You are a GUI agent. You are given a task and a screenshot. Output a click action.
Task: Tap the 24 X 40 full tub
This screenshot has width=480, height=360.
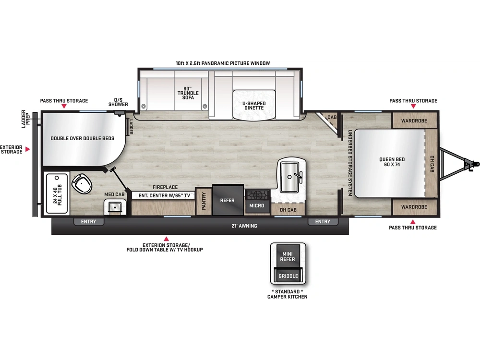(x=57, y=193)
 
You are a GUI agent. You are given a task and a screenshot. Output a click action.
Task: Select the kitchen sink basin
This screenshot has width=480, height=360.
(x=289, y=177)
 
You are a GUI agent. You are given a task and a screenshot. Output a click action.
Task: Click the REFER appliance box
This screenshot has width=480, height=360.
(x=228, y=200)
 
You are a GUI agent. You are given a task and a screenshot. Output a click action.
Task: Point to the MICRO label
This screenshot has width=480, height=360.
(x=256, y=206)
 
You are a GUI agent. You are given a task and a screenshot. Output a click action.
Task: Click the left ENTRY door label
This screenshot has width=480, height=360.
(x=88, y=222)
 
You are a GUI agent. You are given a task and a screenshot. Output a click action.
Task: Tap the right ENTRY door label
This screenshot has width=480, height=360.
(x=323, y=222)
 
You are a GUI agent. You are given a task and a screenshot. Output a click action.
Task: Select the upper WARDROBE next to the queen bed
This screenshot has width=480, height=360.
(x=414, y=120)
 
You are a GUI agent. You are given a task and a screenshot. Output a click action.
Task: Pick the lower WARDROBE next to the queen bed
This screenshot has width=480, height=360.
(x=414, y=207)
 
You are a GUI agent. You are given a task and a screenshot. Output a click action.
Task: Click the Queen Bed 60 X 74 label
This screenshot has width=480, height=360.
(x=392, y=162)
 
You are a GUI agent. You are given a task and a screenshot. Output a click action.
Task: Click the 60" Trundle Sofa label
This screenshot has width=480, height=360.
(x=188, y=93)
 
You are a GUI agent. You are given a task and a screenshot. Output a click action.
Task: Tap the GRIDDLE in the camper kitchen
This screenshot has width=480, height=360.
(x=288, y=276)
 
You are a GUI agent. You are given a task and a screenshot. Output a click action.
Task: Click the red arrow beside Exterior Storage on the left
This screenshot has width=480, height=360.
(x=27, y=149)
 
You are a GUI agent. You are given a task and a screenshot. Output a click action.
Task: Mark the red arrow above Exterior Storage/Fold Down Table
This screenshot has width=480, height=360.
(x=166, y=239)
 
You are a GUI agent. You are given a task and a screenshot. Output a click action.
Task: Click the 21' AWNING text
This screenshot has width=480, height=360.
(x=244, y=226)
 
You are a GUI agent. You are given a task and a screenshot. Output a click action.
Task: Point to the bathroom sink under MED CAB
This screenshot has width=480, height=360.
(x=115, y=207)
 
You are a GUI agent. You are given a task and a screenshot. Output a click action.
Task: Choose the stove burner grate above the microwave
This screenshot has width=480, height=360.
(x=257, y=195)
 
